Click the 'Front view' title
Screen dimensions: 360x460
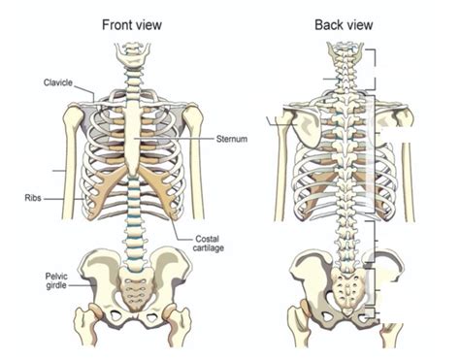[x=133, y=24]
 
